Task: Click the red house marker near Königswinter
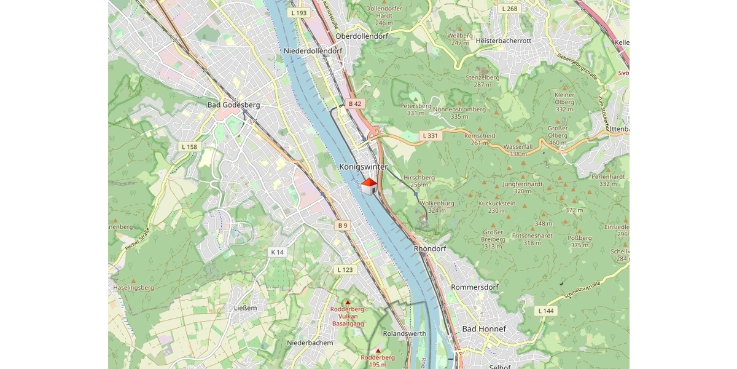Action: click(368, 186)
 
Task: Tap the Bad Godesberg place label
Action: click(233, 105)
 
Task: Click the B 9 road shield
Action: click(343, 226)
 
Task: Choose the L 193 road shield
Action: click(299, 12)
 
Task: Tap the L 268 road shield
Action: click(509, 9)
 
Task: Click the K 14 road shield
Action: click(278, 252)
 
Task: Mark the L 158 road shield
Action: click(190, 147)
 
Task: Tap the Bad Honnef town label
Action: click(484, 329)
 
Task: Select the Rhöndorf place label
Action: click(430, 248)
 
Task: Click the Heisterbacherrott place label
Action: click(503, 41)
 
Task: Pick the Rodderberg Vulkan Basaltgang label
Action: click(348, 316)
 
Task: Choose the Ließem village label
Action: click(245, 307)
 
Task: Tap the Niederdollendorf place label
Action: click(313, 50)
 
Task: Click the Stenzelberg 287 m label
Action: click(482, 81)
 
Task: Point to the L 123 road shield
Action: click(346, 270)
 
